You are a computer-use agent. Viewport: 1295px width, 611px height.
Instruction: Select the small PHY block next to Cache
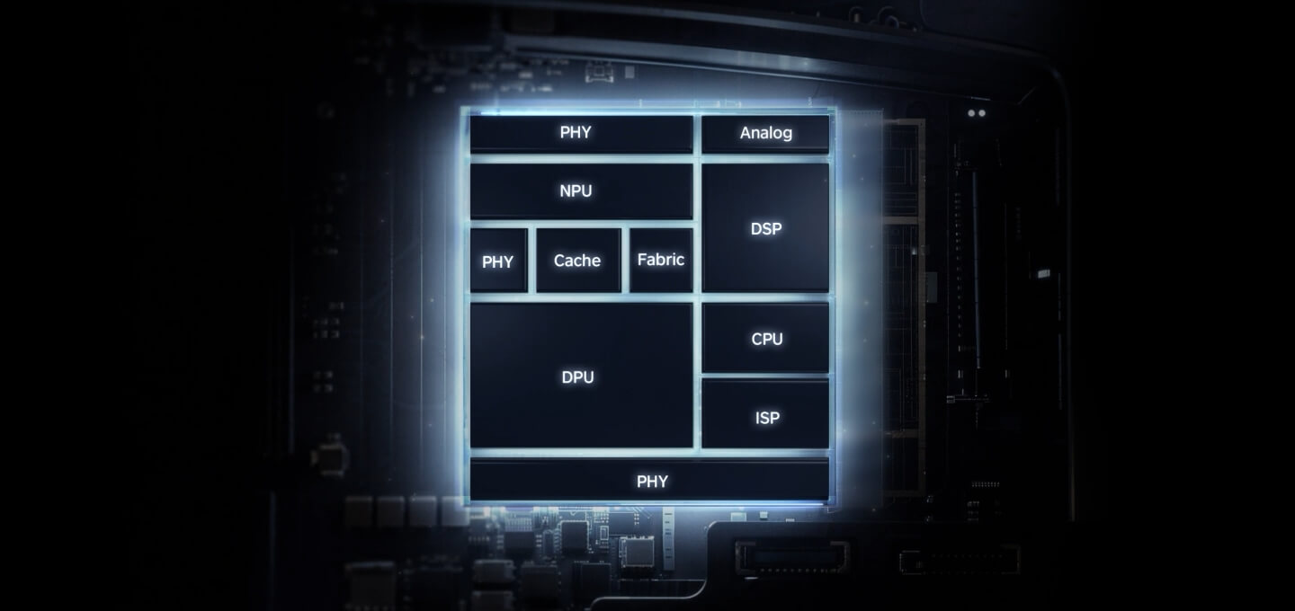(x=498, y=261)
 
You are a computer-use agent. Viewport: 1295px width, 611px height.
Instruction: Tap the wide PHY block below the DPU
(x=649, y=481)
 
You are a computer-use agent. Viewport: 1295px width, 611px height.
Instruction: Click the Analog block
(x=765, y=133)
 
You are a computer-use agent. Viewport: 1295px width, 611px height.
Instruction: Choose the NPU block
(x=581, y=190)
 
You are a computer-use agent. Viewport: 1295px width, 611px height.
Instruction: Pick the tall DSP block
(x=765, y=227)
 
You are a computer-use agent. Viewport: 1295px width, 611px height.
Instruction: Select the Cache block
(x=577, y=261)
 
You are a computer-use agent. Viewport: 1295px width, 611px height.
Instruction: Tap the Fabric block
(x=661, y=260)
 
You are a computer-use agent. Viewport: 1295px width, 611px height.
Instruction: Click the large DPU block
(x=581, y=376)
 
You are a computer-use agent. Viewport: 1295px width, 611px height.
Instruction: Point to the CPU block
(x=765, y=338)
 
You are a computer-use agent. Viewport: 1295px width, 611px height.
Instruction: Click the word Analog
(x=766, y=133)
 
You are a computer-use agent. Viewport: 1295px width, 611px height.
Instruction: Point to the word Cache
(x=577, y=261)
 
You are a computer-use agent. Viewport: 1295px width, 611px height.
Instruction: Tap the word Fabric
(x=661, y=260)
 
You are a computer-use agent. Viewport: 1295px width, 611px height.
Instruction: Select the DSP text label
(x=766, y=228)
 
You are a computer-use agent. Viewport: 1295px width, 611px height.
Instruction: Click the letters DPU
(x=577, y=377)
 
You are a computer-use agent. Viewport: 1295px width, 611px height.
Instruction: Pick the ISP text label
(x=767, y=418)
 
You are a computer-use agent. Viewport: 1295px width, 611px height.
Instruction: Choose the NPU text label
(x=576, y=190)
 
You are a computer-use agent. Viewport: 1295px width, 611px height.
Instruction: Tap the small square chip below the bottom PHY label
(x=638, y=550)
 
